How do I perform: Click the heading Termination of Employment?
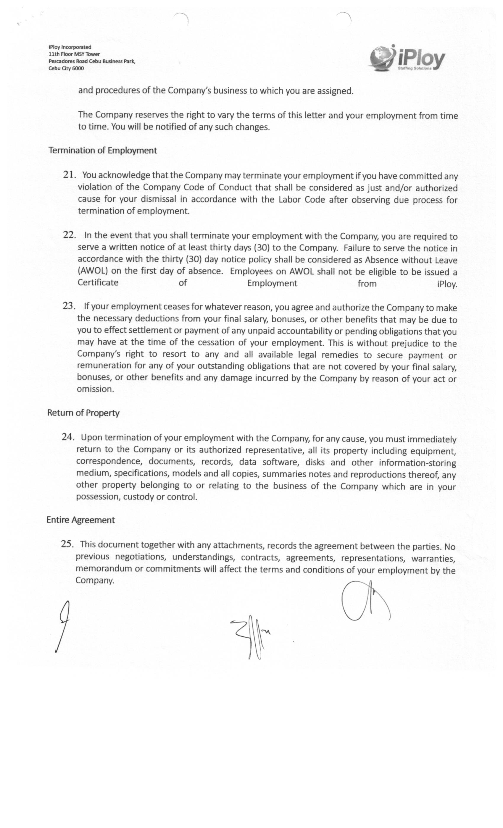coord(103,150)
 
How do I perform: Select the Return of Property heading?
coord(83,413)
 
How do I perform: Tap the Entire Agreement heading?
coord(80,520)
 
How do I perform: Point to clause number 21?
coord(69,174)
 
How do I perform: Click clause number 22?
coord(69,235)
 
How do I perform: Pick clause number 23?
coord(69,305)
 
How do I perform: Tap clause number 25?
coord(67,544)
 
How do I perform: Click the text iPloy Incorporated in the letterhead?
coord(70,47)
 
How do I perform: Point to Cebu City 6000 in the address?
coord(66,68)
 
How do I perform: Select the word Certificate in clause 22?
coord(98,282)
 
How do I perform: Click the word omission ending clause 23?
coord(95,389)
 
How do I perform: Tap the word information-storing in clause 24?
coord(417,463)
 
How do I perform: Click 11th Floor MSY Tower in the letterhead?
coord(74,54)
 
